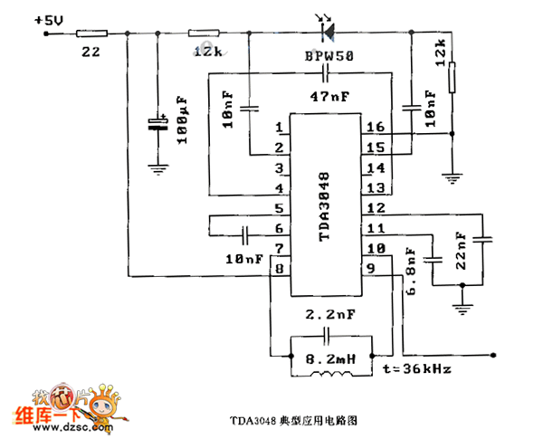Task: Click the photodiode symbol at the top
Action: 327,32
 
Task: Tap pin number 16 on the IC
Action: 375,127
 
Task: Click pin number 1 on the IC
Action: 279,127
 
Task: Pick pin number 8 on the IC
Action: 279,268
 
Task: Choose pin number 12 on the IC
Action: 375,208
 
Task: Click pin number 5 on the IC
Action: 279,208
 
